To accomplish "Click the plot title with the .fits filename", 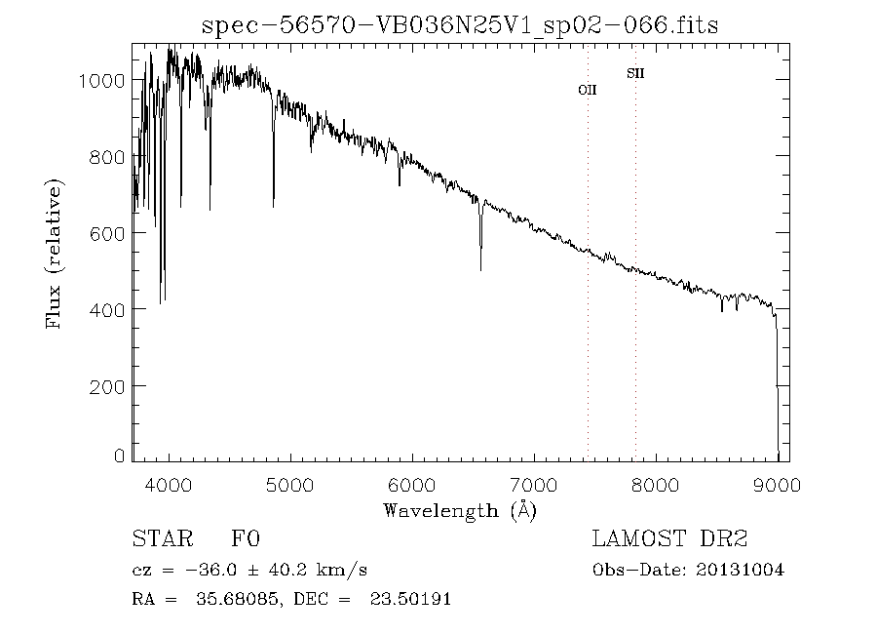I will pos(460,25).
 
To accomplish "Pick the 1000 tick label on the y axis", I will pos(101,80).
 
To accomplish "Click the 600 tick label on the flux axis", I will pos(107,233).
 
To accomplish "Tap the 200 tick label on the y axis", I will pos(107,386).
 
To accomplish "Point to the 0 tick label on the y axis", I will pos(119,456).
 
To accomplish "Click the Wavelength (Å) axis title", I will pos(460,509).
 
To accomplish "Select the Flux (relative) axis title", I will pos(55,254).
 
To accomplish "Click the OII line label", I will pos(588,90).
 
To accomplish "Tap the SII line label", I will pos(635,73).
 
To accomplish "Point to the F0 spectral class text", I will pos(246,538).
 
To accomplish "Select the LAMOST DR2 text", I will pos(669,538).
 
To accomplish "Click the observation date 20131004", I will pos(741,570).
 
